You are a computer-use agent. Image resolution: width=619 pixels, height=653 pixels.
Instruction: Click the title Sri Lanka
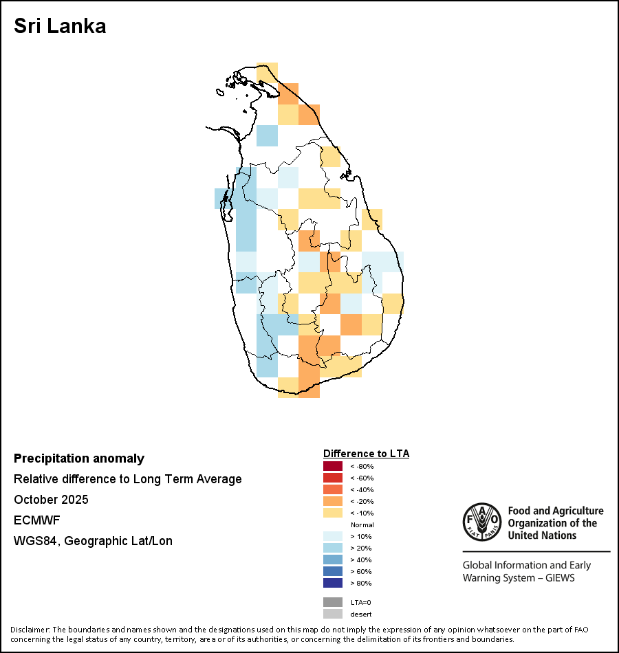pyautogui.click(x=60, y=27)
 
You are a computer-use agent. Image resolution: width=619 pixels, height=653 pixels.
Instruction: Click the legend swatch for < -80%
pyautogui.click(x=332, y=466)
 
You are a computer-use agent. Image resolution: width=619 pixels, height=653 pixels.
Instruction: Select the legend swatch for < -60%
pyautogui.click(x=332, y=478)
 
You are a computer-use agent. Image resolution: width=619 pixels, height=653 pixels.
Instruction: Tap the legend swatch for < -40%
pyautogui.click(x=332, y=489)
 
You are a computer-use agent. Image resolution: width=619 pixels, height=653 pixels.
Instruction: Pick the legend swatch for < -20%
pyautogui.click(x=332, y=501)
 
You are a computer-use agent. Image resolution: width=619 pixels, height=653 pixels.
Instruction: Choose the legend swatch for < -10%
pyautogui.click(x=332, y=513)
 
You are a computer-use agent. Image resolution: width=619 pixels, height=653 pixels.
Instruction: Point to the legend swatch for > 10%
pyautogui.click(x=332, y=536)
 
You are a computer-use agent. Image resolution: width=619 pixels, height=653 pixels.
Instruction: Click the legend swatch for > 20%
pyautogui.click(x=332, y=548)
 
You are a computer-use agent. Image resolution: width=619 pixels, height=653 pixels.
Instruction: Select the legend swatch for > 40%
pyautogui.click(x=332, y=560)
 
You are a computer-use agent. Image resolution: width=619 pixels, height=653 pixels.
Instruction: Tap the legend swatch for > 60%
pyautogui.click(x=332, y=571)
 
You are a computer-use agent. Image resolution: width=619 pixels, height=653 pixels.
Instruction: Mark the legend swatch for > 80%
pyautogui.click(x=332, y=583)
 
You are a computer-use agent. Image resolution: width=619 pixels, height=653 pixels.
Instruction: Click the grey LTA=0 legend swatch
pyautogui.click(x=332, y=602)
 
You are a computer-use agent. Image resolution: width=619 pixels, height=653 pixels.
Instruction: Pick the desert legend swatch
pyautogui.click(x=332, y=614)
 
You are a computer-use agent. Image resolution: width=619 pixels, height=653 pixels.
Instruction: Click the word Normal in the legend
pyautogui.click(x=362, y=524)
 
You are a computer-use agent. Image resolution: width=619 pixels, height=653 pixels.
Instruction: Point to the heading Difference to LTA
pyautogui.click(x=366, y=454)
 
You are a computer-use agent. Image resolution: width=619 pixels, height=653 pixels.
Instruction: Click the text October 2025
pyautogui.click(x=51, y=500)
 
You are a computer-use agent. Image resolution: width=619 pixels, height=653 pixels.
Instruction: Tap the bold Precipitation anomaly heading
pyautogui.click(x=79, y=458)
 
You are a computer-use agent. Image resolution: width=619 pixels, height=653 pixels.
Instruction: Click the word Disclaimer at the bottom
pyautogui.click(x=30, y=630)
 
